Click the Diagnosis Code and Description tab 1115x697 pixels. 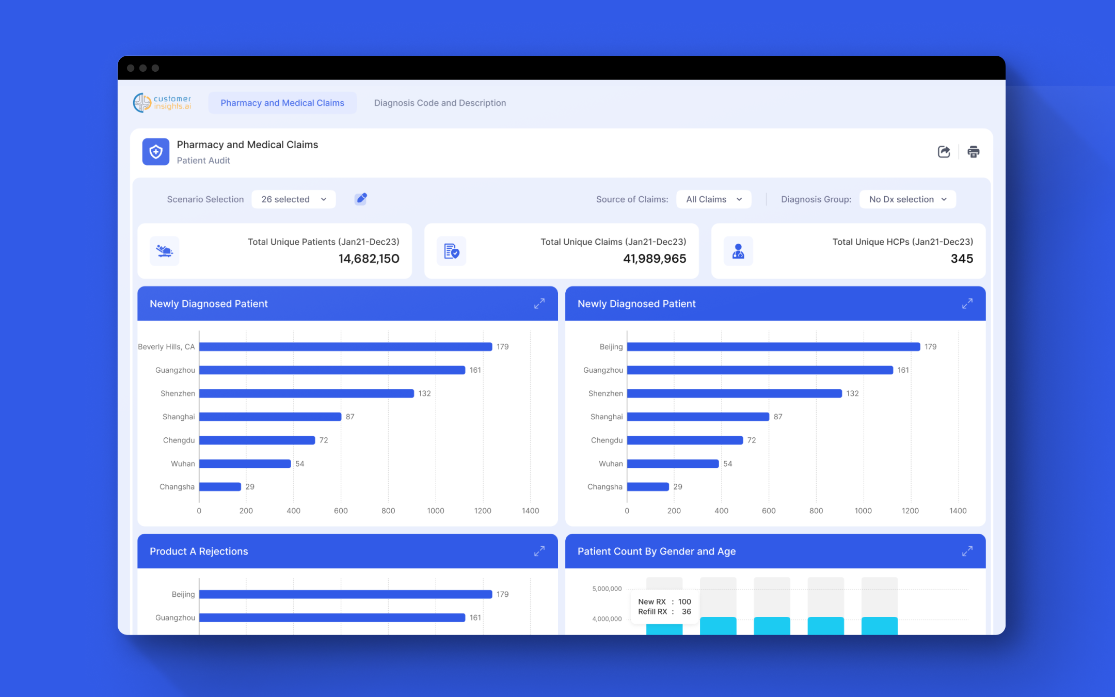(x=440, y=103)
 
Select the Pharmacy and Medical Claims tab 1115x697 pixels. (x=282, y=103)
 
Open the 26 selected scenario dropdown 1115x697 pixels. (x=293, y=199)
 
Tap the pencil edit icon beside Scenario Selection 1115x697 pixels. (x=361, y=199)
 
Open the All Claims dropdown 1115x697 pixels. (x=713, y=199)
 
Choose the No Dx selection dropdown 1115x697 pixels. (x=907, y=199)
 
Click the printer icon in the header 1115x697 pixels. (x=973, y=152)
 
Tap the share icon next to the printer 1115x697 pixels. (x=944, y=152)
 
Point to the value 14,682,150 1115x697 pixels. (x=369, y=259)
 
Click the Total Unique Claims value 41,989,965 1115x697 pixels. (x=655, y=259)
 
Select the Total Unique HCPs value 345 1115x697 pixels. (x=962, y=259)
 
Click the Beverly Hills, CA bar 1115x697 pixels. (x=345, y=347)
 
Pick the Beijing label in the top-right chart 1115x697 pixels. (x=611, y=347)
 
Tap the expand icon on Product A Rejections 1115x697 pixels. (x=539, y=551)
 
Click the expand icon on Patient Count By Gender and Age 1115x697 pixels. (x=967, y=551)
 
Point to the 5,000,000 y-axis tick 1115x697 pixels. (x=607, y=589)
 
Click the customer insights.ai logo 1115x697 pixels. (x=162, y=103)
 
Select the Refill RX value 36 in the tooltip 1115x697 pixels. (x=686, y=612)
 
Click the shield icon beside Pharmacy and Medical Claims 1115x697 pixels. (x=156, y=152)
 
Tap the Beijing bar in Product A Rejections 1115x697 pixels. (x=345, y=594)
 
